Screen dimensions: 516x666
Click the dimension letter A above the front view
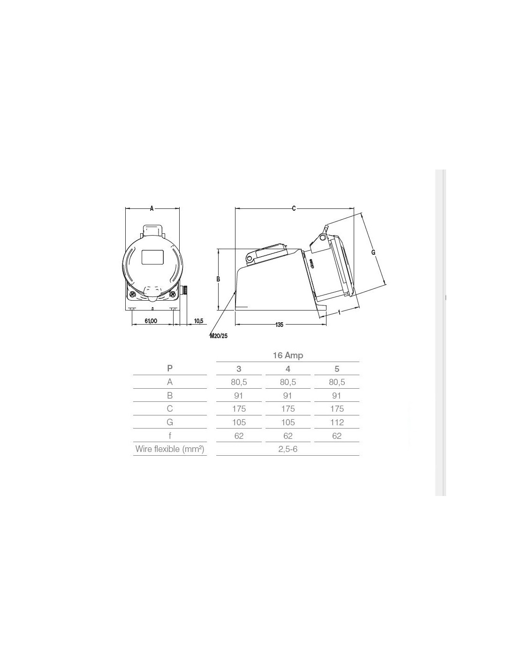tap(152, 208)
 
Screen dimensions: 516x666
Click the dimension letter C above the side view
tap(294, 208)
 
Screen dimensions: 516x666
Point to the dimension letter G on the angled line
tap(373, 252)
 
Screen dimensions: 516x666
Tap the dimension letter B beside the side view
tap(218, 279)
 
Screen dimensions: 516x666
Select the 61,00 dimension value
tap(151, 321)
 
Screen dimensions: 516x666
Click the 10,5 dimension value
tap(198, 321)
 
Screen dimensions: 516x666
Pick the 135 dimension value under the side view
tap(279, 325)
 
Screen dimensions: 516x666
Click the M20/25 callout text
tap(219, 336)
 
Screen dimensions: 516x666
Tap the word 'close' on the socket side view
tap(311, 264)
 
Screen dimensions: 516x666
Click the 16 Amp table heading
tap(288, 355)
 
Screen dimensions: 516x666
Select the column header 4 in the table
tap(288, 369)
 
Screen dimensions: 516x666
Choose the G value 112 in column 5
tap(337, 422)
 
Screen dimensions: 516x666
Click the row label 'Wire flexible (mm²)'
tap(170, 449)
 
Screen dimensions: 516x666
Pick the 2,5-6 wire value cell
tap(288, 449)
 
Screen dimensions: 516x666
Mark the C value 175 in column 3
tap(239, 409)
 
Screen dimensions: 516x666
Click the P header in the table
tap(170, 368)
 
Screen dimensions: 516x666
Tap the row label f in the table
tap(170, 436)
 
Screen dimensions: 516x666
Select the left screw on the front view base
tap(132, 294)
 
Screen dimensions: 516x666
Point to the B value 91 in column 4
tap(288, 395)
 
